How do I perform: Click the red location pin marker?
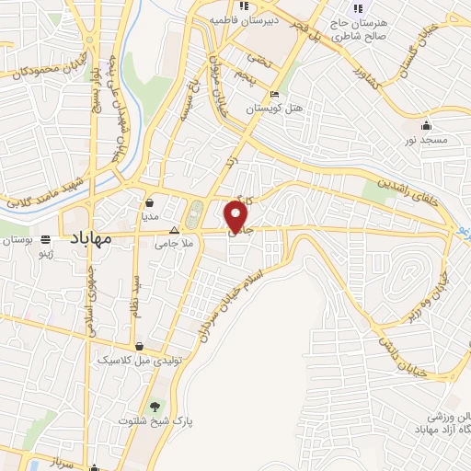[238, 216]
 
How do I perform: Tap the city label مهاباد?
[89, 238]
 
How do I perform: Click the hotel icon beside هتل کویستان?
[273, 95]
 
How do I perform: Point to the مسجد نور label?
[423, 140]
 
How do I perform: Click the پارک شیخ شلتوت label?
[153, 421]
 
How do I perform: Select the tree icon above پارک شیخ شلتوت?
[154, 406]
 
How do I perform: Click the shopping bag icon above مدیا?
[150, 202]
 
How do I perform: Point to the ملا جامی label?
[172, 245]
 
